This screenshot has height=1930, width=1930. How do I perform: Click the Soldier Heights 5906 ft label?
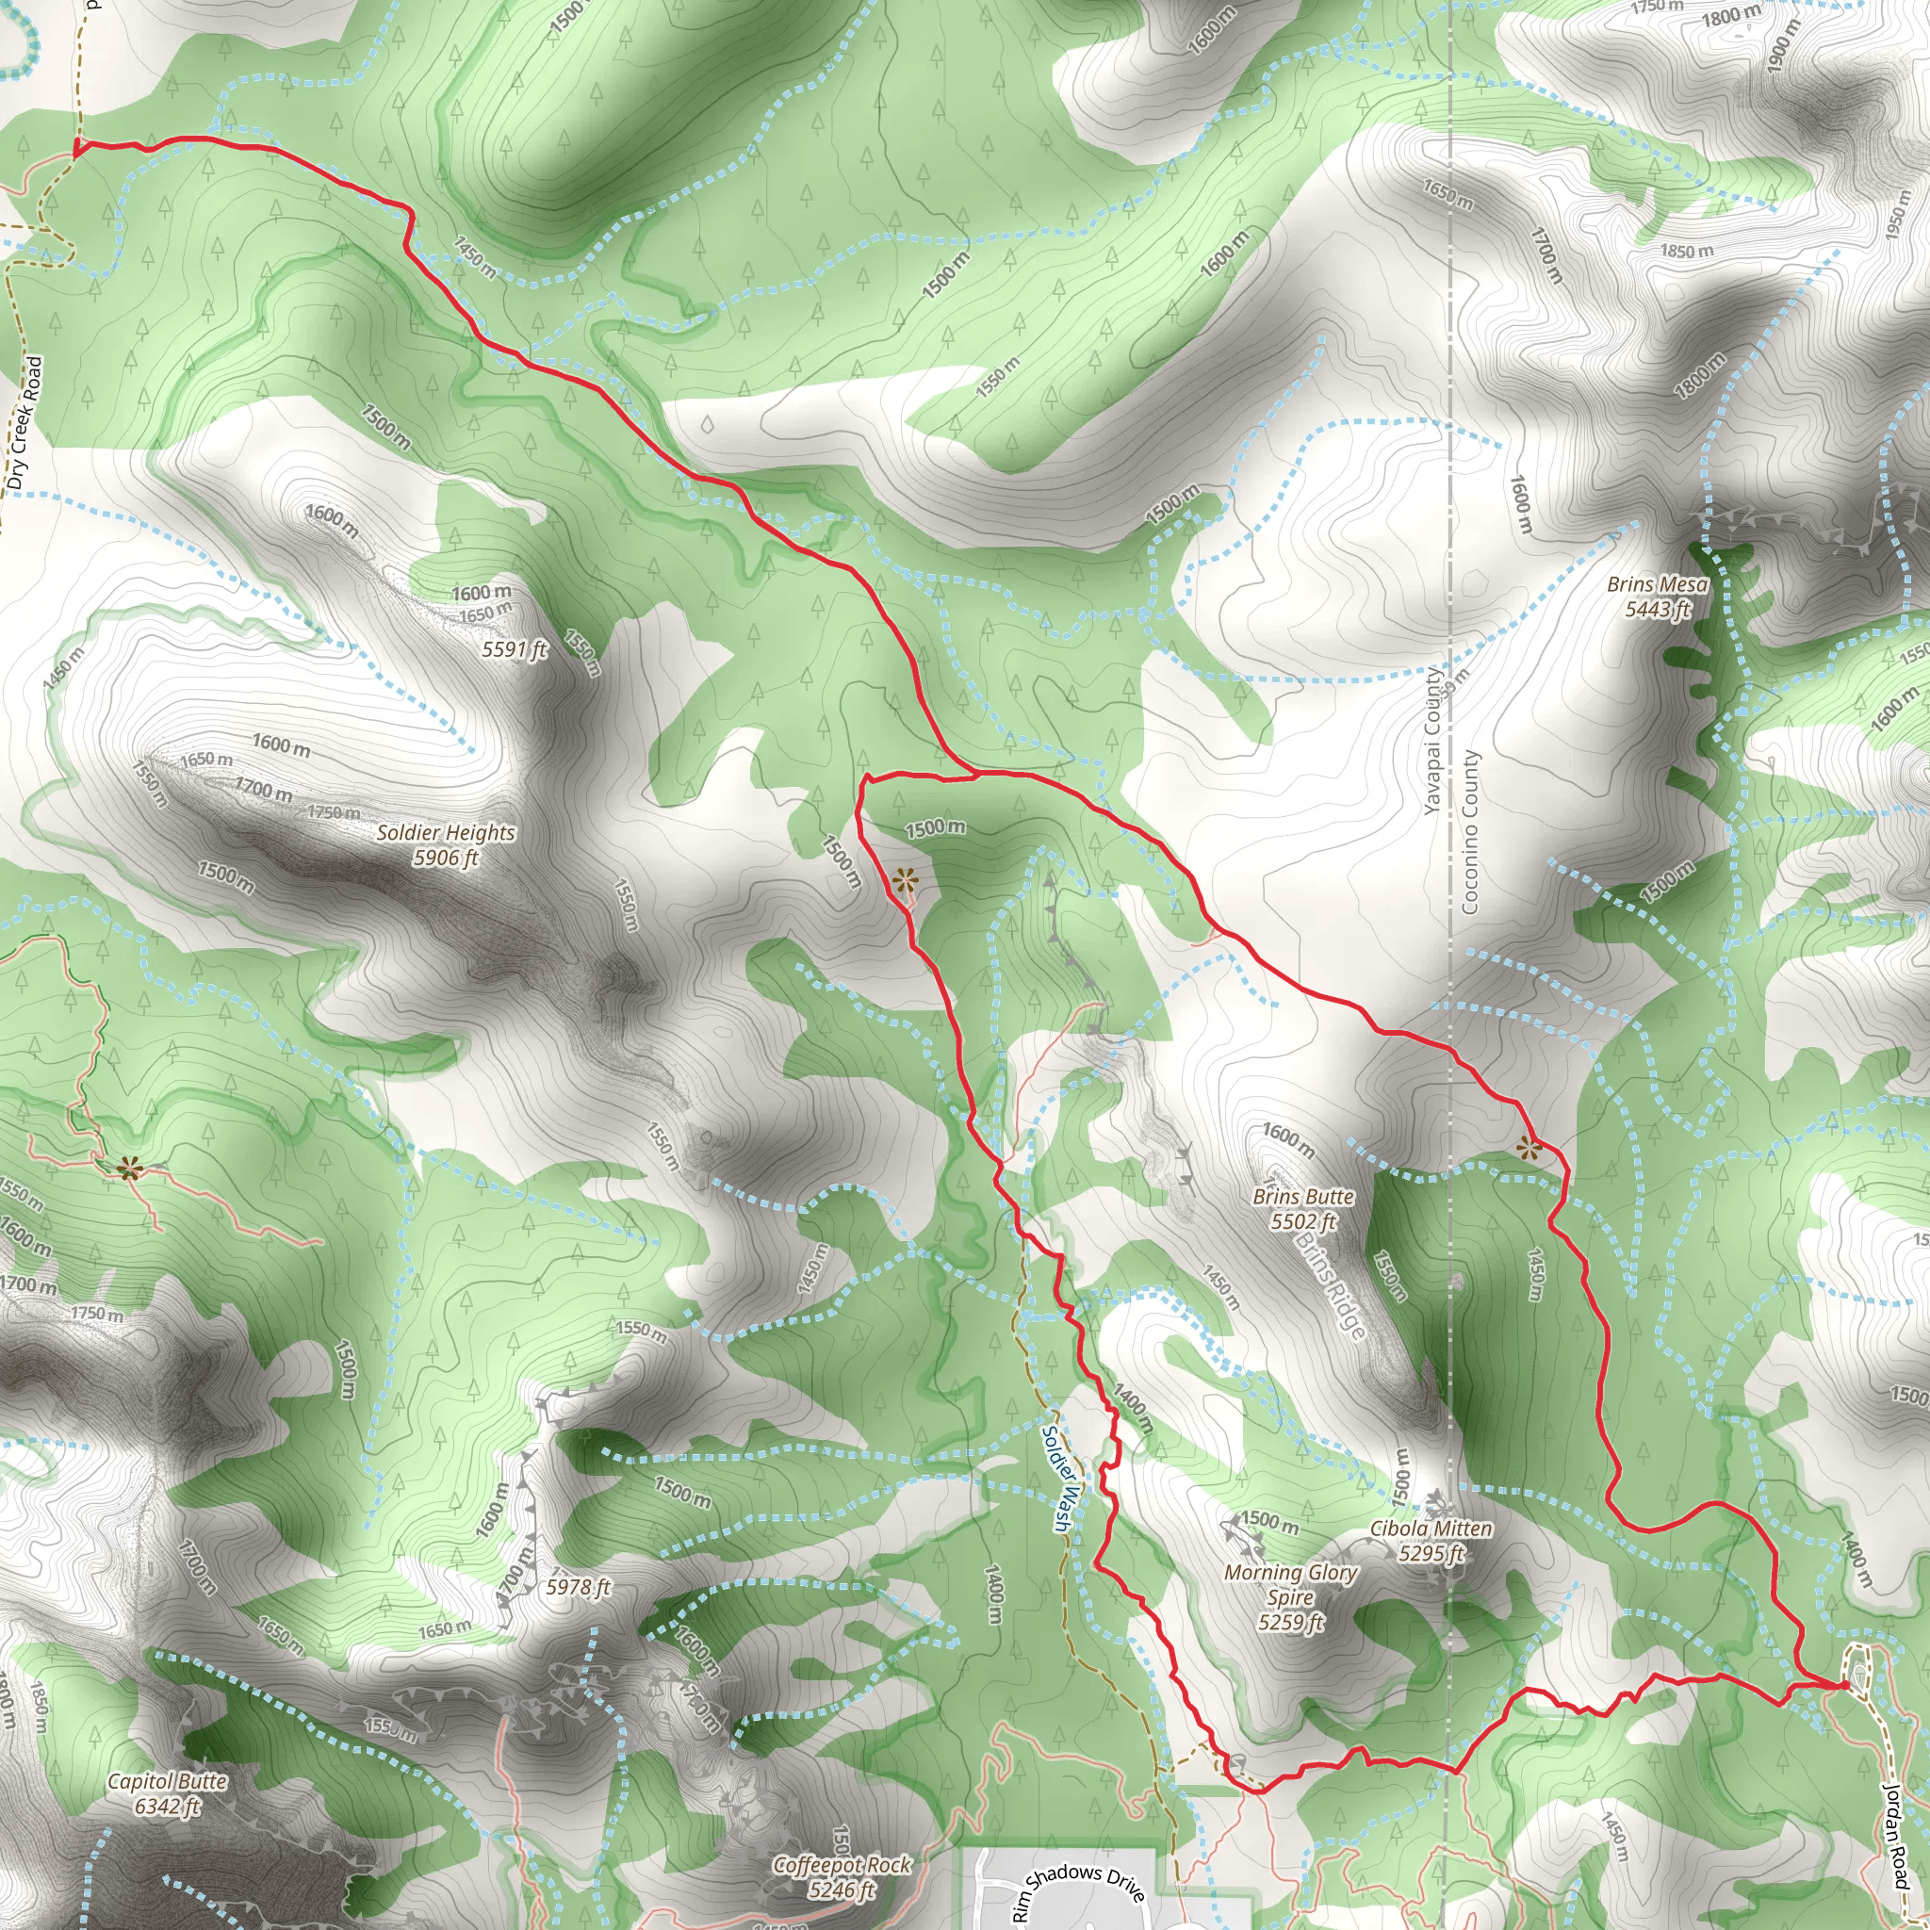[446, 845]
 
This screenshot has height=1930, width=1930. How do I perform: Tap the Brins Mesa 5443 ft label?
[1658, 597]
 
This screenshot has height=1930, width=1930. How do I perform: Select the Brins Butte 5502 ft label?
[1302, 1209]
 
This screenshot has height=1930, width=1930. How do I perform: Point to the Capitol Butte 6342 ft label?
[167, 1793]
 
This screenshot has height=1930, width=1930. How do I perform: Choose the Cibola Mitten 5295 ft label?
[1431, 1541]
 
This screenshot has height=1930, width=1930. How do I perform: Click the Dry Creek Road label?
[25, 422]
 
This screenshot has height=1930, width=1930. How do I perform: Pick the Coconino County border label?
[1469, 831]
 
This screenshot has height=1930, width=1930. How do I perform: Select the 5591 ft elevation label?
[515, 650]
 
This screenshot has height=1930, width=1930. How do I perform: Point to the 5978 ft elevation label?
[578, 1586]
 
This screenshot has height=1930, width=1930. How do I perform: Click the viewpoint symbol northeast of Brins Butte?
[1527, 1148]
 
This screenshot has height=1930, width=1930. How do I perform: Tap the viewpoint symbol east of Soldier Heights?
[904, 880]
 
